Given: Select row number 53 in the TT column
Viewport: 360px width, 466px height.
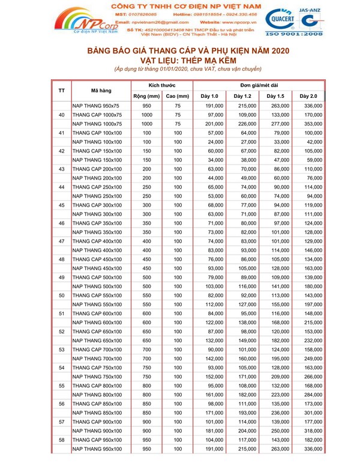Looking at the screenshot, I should coord(62,349).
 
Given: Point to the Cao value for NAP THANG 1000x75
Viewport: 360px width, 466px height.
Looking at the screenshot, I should coord(178,124).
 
